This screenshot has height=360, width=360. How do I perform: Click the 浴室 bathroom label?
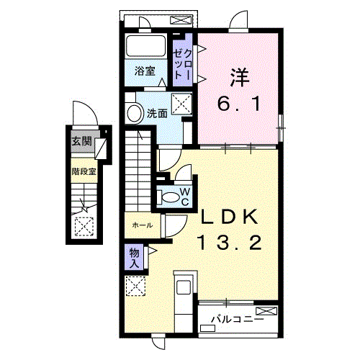click(145, 71)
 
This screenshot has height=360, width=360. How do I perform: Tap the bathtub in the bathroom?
click(146, 45)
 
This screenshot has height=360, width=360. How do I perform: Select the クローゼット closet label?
click(183, 64)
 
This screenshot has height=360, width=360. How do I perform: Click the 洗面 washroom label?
click(157, 113)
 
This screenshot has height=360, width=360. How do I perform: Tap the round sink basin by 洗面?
click(135, 114)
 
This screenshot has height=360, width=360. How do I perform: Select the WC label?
click(185, 197)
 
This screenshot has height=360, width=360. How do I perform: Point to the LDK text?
click(230, 217)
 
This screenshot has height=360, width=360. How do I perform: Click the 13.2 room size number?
click(229, 242)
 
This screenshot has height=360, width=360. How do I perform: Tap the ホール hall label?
click(143, 225)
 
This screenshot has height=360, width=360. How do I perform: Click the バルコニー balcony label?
click(238, 320)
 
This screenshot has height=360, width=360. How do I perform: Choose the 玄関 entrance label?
click(82, 141)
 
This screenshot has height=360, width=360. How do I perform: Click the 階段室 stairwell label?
click(84, 171)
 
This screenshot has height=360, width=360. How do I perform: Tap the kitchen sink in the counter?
click(184, 287)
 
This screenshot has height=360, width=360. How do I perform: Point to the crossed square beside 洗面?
click(181, 103)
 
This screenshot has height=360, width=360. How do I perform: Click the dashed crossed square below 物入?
click(135, 286)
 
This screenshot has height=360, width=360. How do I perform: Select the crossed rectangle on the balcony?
click(266, 311)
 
